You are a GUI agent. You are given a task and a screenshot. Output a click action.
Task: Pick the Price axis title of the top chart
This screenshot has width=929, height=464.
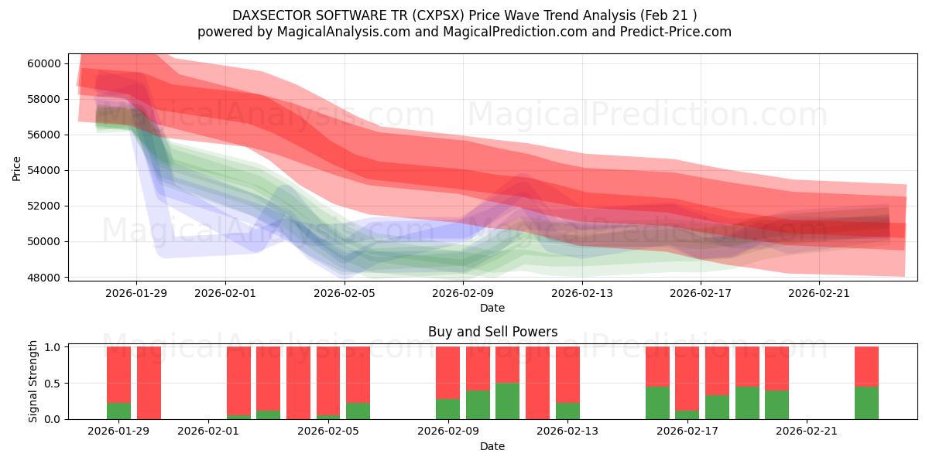(16, 168)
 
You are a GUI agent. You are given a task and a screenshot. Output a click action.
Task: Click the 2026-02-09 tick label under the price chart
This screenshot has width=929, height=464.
(463, 293)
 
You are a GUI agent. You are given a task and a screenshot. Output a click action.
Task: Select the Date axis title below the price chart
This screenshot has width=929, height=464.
(492, 308)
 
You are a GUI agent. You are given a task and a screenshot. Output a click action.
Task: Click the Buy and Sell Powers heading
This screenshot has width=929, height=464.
(492, 332)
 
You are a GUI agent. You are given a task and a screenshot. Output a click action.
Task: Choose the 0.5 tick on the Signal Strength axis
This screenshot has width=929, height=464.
(53, 384)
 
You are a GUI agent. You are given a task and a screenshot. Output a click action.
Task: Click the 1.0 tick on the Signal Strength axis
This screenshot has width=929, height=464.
(53, 347)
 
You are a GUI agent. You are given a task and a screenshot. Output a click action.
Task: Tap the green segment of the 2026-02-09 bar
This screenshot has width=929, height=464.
(447, 409)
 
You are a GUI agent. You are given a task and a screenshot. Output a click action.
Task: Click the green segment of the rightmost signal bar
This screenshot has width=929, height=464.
(866, 403)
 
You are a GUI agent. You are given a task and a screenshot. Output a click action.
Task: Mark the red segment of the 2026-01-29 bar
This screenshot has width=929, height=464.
(118, 374)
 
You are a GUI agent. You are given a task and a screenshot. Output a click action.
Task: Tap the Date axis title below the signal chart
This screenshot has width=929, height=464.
(492, 446)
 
